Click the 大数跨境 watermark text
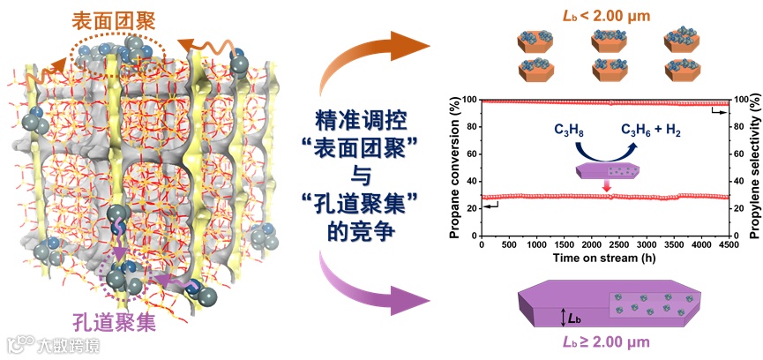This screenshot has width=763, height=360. click(67, 344)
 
